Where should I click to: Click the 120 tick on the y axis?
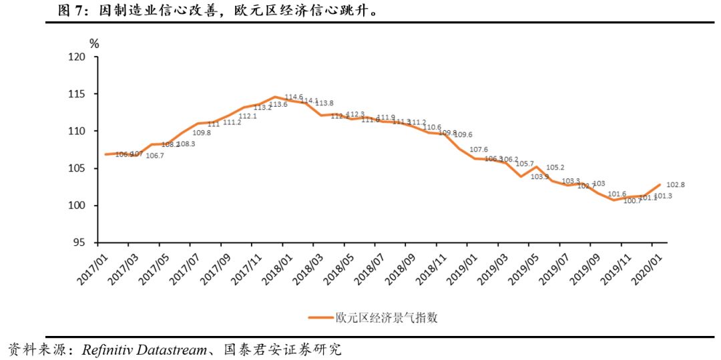tap(79, 57)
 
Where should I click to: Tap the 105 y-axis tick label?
tap(79, 168)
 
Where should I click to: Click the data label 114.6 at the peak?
tap(294, 98)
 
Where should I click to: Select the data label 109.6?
tap(463, 135)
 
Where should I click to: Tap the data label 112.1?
tap(248, 116)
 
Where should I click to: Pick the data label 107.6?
tap(479, 150)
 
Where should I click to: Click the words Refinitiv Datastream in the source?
tap(144, 349)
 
